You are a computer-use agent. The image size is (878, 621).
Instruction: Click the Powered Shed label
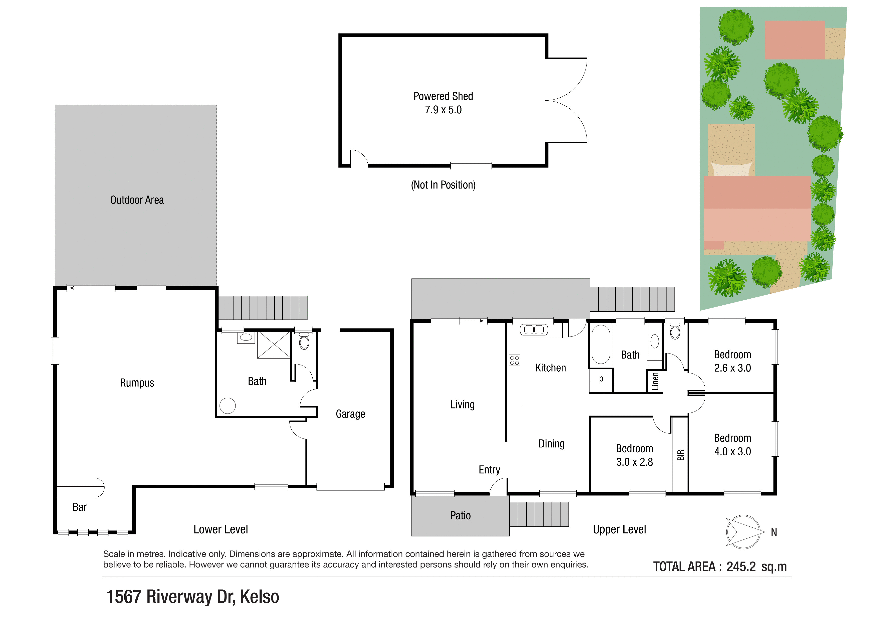pyautogui.click(x=443, y=96)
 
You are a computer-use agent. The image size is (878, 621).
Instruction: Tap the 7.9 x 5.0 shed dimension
pyautogui.click(x=443, y=110)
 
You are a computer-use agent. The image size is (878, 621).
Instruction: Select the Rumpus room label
pyautogui.click(x=137, y=383)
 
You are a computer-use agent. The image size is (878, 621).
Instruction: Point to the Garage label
pyautogui.click(x=350, y=414)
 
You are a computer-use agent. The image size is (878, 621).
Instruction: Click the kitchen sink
pyautogui.click(x=534, y=329)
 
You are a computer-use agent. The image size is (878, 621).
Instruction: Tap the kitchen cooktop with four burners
pyautogui.click(x=514, y=360)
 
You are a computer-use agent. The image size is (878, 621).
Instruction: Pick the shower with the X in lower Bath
pyautogui.click(x=274, y=345)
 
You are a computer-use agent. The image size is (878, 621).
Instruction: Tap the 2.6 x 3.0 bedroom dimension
pyautogui.click(x=732, y=368)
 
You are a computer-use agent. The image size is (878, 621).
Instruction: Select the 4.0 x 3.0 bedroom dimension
pyautogui.click(x=732, y=451)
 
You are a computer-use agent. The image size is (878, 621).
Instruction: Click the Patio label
pyautogui.click(x=460, y=516)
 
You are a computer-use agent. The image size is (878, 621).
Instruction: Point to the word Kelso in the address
pyautogui.click(x=259, y=597)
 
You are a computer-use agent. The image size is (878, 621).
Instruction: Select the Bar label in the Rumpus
pyautogui.click(x=80, y=507)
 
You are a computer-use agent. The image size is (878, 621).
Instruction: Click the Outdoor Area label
pyautogui.click(x=137, y=200)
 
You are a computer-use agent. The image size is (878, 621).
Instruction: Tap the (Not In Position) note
pyautogui.click(x=443, y=185)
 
